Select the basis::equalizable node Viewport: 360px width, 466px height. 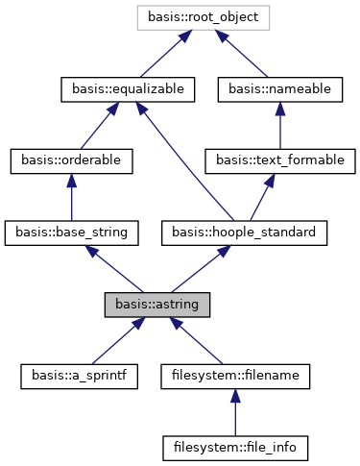point(128,88)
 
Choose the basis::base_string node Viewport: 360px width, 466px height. point(72,233)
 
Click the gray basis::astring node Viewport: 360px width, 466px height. point(157,305)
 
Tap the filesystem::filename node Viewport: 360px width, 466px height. point(235,377)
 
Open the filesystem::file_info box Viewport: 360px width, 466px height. point(235,449)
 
